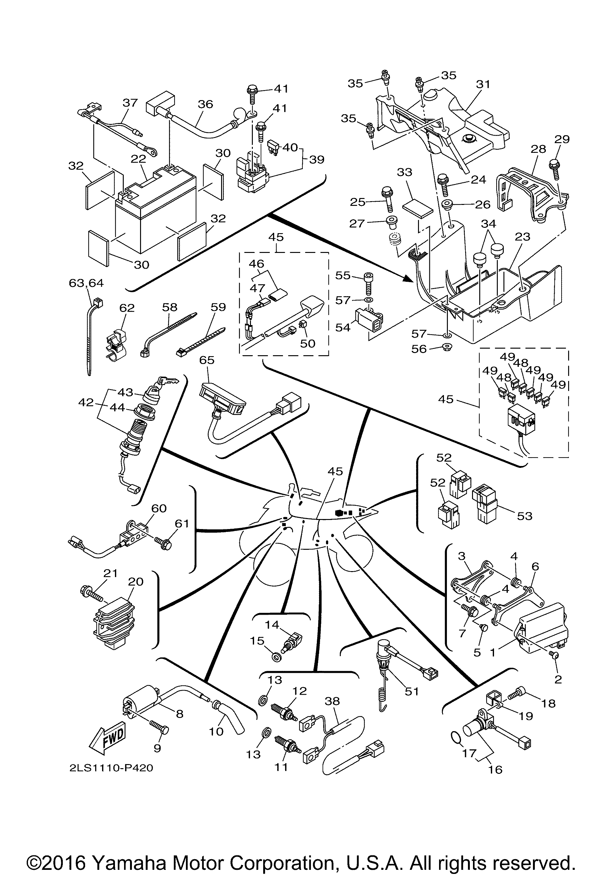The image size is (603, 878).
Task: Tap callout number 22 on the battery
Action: coord(139,159)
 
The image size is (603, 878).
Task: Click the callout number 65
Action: coord(207,360)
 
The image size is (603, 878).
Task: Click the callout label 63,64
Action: coord(86,283)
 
